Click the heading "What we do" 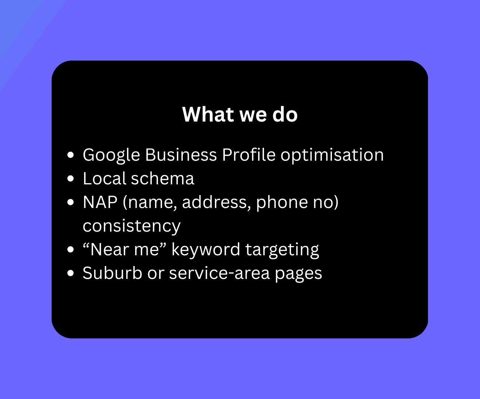pyautogui.click(x=240, y=114)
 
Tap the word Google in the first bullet pyautogui.click(x=111, y=155)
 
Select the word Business pyautogui.click(x=181, y=155)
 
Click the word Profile pyautogui.click(x=248, y=155)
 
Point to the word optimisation pyautogui.click(x=332, y=155)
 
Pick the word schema pyautogui.click(x=162, y=178)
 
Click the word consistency pyautogui.click(x=131, y=226)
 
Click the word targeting pyautogui.click(x=282, y=249)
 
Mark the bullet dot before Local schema pyautogui.click(x=71, y=179)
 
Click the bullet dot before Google pyautogui.click(x=71, y=155)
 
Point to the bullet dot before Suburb pyautogui.click(x=71, y=273)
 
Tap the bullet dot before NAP pyautogui.click(x=71, y=202)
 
